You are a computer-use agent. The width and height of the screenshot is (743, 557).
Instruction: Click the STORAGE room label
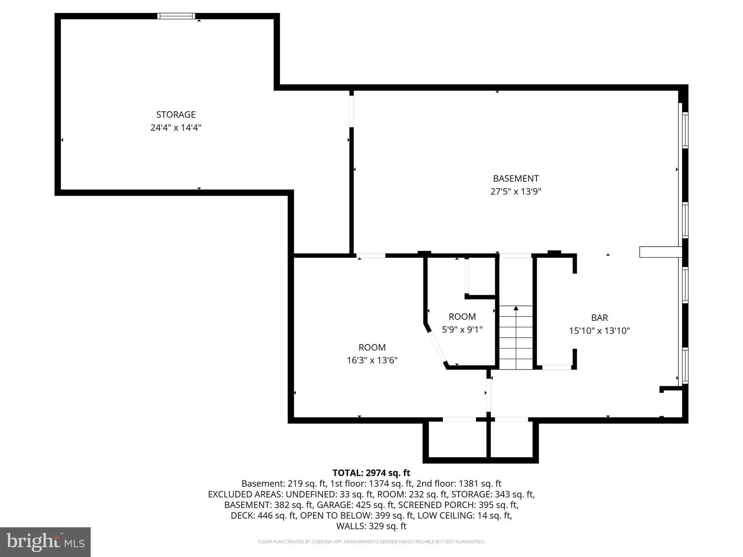pos(176,115)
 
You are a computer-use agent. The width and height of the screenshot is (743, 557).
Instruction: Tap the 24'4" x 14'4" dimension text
pos(176,128)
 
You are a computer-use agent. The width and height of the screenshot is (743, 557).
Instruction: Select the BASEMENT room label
pos(516,178)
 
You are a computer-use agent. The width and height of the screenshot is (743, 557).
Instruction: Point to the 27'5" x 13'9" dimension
pos(516,191)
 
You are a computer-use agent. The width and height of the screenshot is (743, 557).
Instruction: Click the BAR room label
pos(599,318)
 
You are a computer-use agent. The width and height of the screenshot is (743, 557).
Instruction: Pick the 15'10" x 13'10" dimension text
pos(599,331)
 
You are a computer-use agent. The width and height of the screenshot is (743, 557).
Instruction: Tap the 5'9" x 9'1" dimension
pos(462,330)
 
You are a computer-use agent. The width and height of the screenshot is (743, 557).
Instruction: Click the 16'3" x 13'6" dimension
pos(372,360)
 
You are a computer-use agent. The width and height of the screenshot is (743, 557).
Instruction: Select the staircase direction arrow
pos(516,309)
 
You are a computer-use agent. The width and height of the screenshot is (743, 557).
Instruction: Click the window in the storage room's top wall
pos(176,16)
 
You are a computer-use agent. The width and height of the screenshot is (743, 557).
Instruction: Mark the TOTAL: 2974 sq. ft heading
pos(371,473)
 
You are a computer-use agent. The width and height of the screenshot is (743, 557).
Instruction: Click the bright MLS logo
pos(45,542)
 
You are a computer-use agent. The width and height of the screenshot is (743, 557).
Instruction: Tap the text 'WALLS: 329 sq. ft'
pos(371,526)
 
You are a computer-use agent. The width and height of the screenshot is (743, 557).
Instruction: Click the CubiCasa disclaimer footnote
pos(371,542)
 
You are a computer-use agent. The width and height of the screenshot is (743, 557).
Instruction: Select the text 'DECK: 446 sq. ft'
pos(263,516)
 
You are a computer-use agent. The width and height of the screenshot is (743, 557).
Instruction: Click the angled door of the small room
pos(437,347)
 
